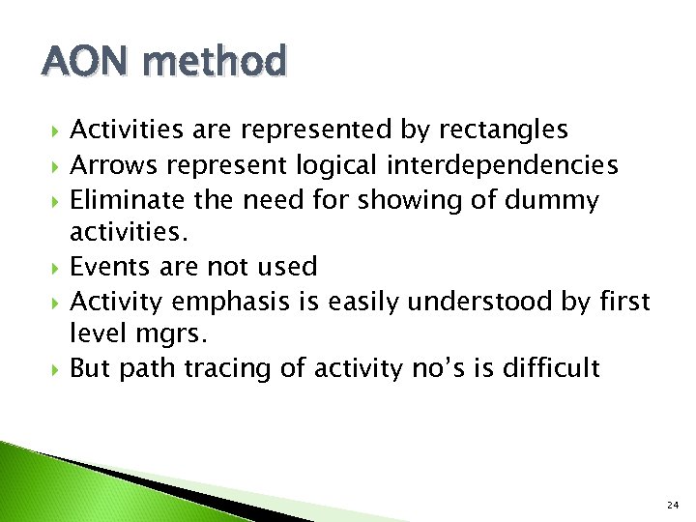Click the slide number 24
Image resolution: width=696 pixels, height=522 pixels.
click(671, 504)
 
